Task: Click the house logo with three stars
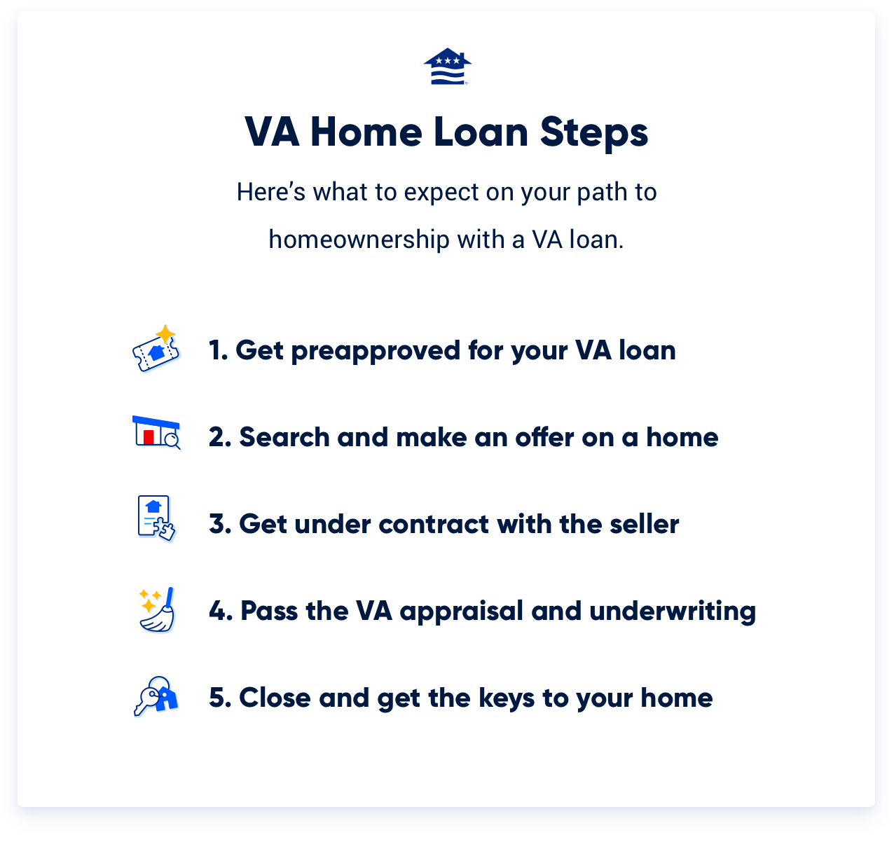447,67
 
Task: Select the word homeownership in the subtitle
359,240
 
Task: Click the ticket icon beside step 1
156,350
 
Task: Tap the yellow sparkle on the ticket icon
165,333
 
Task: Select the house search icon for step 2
156,432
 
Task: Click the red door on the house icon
148,437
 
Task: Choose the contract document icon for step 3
156,519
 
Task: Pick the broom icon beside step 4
158,610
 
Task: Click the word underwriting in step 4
673,612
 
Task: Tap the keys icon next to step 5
156,696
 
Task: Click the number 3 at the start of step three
218,524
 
